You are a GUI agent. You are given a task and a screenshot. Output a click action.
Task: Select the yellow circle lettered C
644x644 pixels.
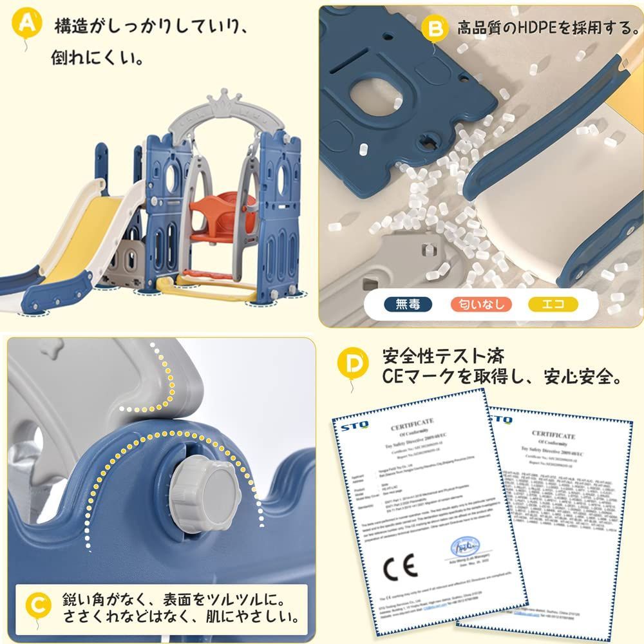pyautogui.click(x=40, y=605)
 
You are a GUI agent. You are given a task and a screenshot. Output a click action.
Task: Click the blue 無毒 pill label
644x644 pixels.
pyautogui.click(x=408, y=305)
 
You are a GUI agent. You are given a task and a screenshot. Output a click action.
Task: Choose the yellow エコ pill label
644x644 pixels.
pyautogui.click(x=552, y=305)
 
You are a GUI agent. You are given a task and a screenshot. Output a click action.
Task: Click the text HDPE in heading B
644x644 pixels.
pyautogui.click(x=525, y=28)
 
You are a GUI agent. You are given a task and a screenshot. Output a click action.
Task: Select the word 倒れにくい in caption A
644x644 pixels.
pyautogui.click(x=97, y=59)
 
